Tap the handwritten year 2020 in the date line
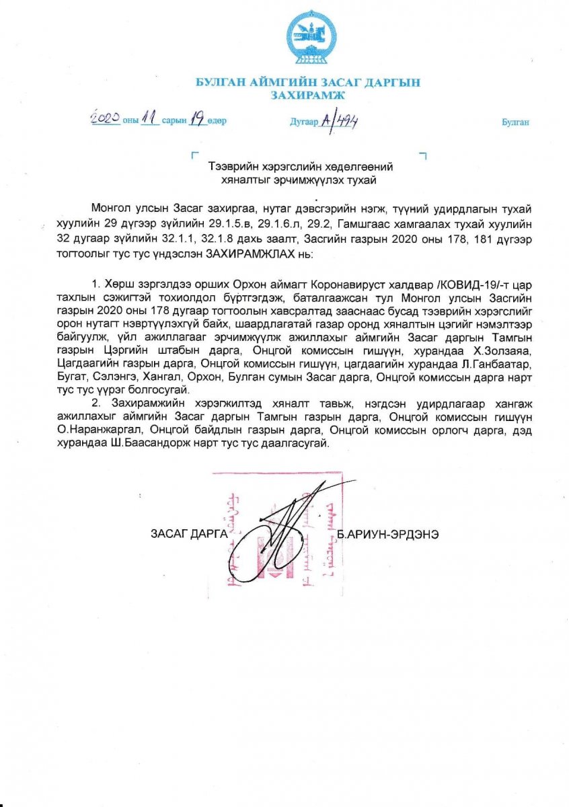coord(105,119)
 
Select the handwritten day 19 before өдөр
coord(196,120)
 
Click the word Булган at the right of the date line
coord(515,122)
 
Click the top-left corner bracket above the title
coord(194,155)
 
